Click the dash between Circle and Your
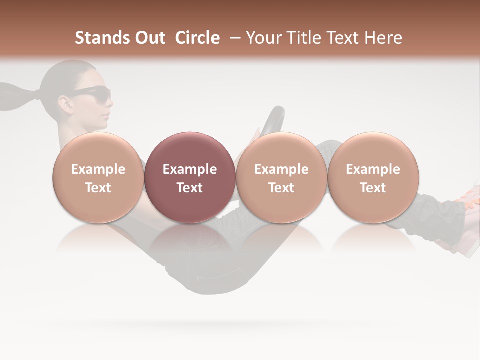coord(233,38)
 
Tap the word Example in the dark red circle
coord(189,169)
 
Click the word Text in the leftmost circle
coord(98,188)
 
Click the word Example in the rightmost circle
coord(373,169)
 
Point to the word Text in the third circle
coord(281,188)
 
